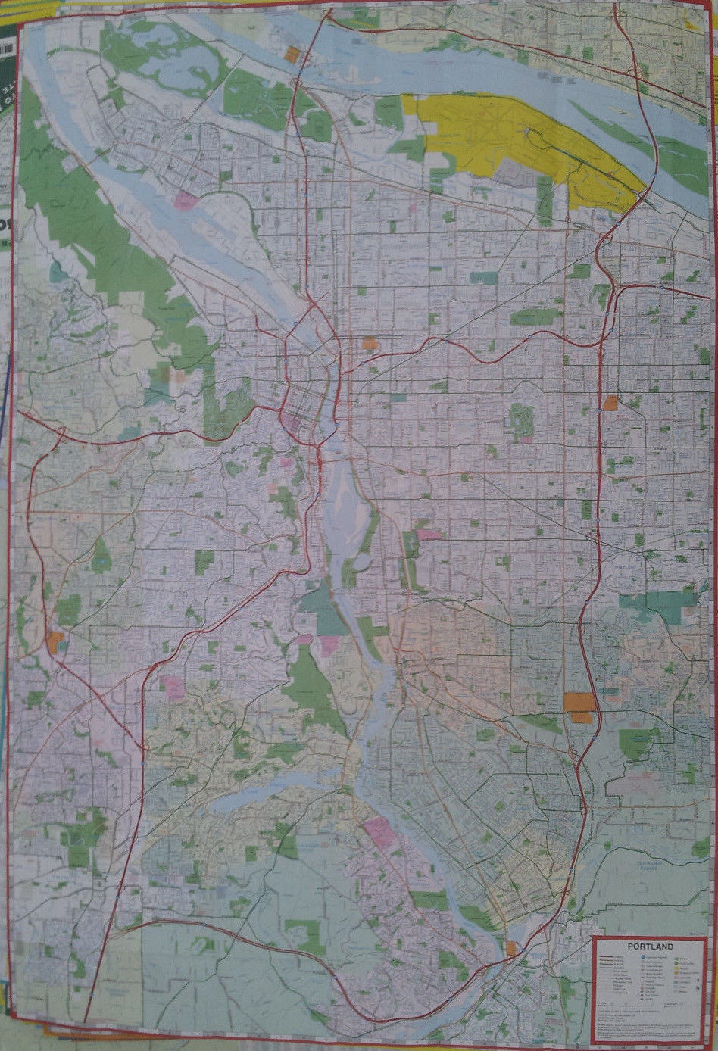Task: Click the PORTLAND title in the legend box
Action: pyautogui.click(x=650, y=946)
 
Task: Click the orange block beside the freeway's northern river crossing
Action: pyautogui.click(x=292, y=54)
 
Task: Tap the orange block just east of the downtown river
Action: pyautogui.click(x=370, y=343)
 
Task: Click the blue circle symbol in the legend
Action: pyautogui.click(x=642, y=959)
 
